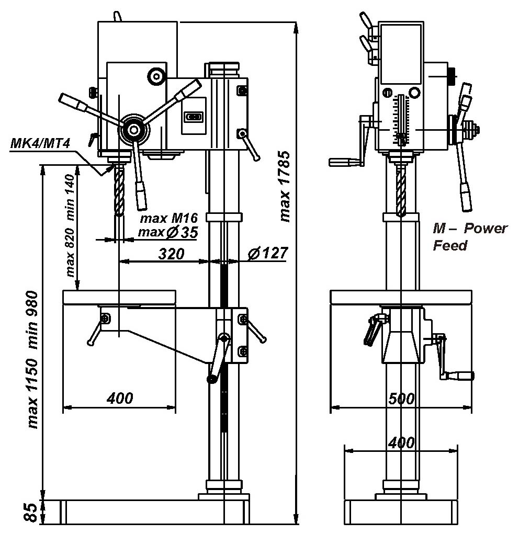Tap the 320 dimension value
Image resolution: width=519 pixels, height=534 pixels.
coord(171,254)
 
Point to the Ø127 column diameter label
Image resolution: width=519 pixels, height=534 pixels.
coord(267,253)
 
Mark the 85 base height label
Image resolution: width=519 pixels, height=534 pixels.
coord(32,512)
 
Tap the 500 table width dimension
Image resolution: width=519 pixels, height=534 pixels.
coord(401,399)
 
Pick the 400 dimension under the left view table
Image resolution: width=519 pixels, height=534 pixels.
coord(120,399)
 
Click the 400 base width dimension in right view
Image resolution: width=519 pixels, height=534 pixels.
coord(401,442)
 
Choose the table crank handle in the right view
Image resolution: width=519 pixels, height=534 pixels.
coord(455,375)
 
